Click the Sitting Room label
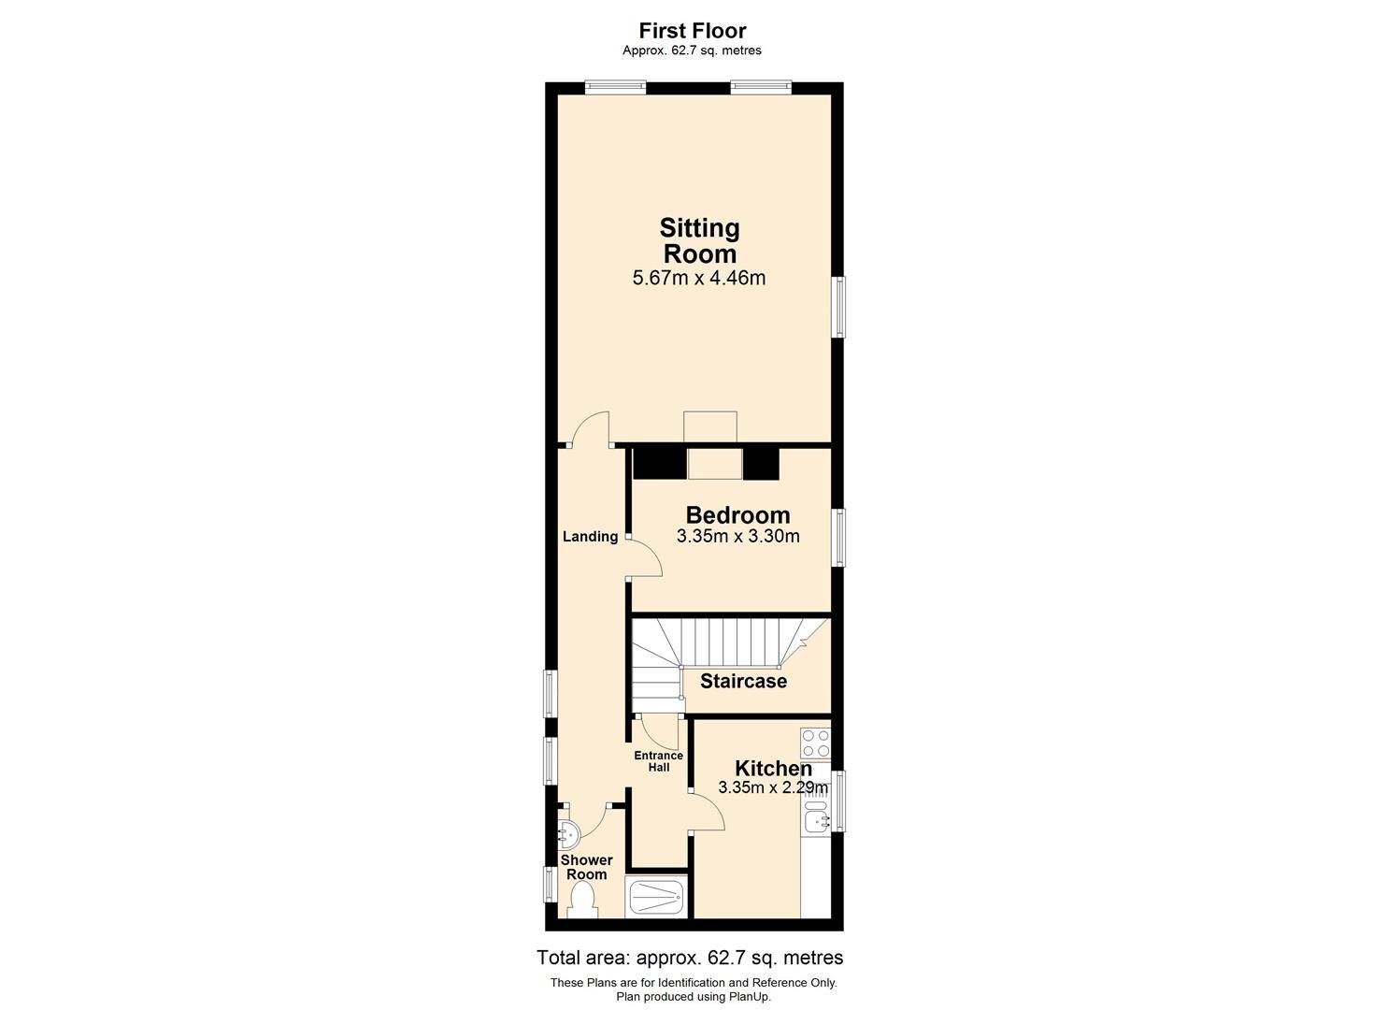[699, 240]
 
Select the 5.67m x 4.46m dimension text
[699, 278]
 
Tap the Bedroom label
[737, 514]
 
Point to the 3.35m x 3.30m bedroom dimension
[737, 537]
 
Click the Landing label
[590, 537]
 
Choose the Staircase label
[743, 681]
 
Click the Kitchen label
[773, 768]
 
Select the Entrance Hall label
[659, 761]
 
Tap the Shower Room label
[586, 867]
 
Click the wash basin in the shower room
[567, 830]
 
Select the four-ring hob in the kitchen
[816, 743]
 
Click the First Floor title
[693, 31]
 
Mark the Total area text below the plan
[690, 958]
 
